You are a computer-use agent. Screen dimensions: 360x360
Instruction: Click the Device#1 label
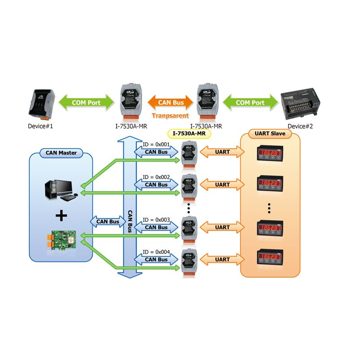coord(40,126)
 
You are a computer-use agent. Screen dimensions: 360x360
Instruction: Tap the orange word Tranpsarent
coord(170,116)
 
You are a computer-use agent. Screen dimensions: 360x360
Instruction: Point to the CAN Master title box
coord(61,153)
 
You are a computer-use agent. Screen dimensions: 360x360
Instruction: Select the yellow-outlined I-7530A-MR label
coord(189,133)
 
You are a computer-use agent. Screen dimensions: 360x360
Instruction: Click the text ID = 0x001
coord(156,144)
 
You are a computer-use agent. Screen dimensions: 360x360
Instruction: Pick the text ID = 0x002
coord(156,177)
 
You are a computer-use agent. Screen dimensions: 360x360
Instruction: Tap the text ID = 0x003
coord(156,220)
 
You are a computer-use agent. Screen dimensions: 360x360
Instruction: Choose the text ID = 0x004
coord(156,252)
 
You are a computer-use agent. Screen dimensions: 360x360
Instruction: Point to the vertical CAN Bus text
coord(130,220)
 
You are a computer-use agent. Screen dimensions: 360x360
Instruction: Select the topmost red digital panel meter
coord(269,153)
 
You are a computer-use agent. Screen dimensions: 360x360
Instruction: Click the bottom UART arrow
coord(222,260)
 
